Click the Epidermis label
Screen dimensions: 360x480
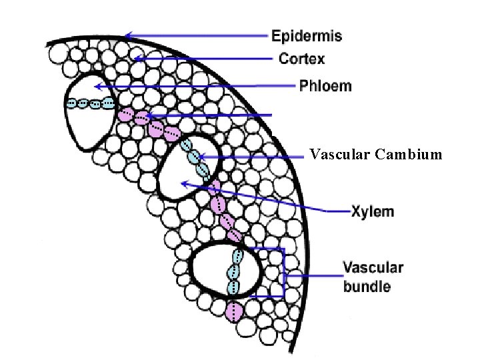(x=307, y=36)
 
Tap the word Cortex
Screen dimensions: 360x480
(x=302, y=59)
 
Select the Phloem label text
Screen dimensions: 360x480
(x=325, y=87)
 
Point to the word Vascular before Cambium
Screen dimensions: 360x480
(x=340, y=155)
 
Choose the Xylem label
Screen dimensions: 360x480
(x=373, y=212)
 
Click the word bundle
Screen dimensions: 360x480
(x=367, y=287)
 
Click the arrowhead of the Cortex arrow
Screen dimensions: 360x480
(x=136, y=59)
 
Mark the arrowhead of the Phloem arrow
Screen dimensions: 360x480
(x=96, y=87)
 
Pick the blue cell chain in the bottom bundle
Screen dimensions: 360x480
(x=234, y=273)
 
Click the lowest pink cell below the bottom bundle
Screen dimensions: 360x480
(x=234, y=311)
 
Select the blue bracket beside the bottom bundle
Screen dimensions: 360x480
(x=284, y=273)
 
